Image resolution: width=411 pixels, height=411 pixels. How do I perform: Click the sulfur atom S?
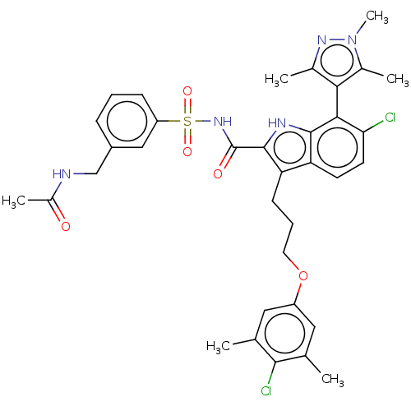tap(187, 121)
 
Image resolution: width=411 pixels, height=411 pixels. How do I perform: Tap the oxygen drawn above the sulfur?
tap(187, 91)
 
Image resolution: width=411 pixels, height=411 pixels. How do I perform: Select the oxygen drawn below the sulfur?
tap(187, 151)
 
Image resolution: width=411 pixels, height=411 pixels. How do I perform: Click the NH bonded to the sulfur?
tap(223, 122)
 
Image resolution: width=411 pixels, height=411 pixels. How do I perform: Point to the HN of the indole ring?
tap(277, 123)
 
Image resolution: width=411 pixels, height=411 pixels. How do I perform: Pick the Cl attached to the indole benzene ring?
tap(390, 118)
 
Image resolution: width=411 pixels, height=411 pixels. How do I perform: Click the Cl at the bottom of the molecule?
tap(266, 390)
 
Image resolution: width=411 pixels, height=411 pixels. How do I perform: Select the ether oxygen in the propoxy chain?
tap(303, 276)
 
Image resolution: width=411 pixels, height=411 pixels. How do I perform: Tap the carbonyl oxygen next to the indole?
tap(218, 173)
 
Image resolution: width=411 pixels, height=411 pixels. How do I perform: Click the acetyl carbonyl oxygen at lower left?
tap(66, 227)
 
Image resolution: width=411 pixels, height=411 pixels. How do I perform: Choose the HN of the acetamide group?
tap(62, 174)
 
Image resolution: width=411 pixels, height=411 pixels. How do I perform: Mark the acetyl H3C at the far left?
tap(13, 201)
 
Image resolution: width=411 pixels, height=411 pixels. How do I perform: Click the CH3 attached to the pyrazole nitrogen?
tap(377, 16)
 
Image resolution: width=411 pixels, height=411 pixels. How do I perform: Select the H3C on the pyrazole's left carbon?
tap(276, 80)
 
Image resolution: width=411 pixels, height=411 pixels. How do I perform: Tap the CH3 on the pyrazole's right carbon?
tap(398, 79)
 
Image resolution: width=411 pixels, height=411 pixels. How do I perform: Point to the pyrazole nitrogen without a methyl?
tap(322, 40)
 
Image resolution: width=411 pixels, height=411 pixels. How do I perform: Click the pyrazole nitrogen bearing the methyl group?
tap(353, 40)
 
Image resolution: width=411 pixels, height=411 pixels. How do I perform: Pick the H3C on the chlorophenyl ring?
tap(219, 347)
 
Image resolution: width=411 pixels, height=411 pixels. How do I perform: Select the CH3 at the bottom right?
tap(333, 380)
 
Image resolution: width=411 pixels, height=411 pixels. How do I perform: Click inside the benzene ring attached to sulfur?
tap(127, 121)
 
